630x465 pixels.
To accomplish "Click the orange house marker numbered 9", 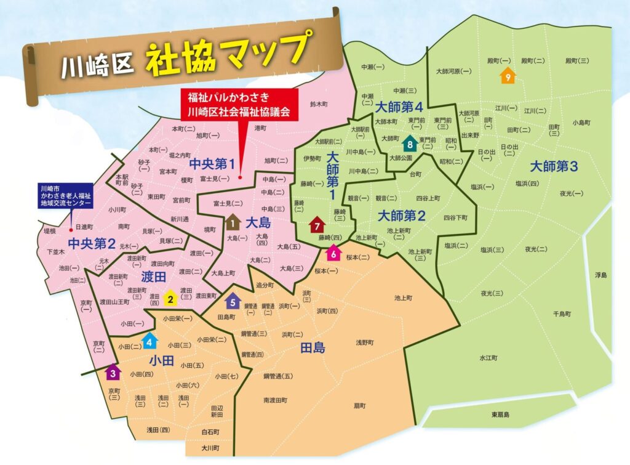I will (507, 76).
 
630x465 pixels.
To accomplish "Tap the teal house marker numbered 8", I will (410, 145).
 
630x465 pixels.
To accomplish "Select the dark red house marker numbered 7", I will (317, 225).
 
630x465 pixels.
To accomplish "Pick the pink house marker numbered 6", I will (333, 252).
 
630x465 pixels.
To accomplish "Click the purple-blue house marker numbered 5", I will (232, 301).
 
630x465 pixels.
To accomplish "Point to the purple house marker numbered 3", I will (113, 372).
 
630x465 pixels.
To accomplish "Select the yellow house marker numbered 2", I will (170, 299).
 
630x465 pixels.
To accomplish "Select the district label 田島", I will (313, 348).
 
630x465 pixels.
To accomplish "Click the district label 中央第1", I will (212, 164).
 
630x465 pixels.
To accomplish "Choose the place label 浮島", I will (600, 275).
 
